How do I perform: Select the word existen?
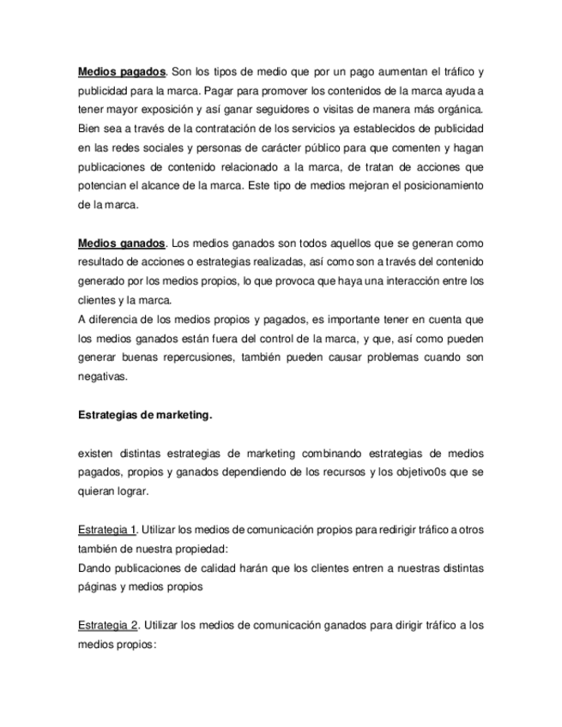pos(96,454)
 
